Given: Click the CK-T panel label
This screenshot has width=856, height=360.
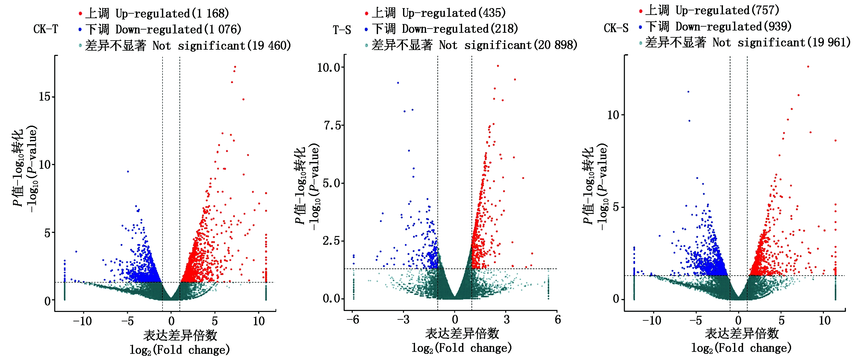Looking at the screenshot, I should pyautogui.click(x=45, y=29).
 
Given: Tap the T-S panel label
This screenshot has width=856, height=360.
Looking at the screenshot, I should pyautogui.click(x=342, y=30).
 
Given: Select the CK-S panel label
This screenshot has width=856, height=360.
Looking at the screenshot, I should pyautogui.click(x=616, y=28).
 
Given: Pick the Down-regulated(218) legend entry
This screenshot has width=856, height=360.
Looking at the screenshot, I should pyautogui.click(x=444, y=29).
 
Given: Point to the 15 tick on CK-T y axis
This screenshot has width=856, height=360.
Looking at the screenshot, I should pyautogui.click(x=44, y=97).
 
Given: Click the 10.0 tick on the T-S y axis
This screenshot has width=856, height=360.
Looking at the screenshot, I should pyautogui.click(x=329, y=68).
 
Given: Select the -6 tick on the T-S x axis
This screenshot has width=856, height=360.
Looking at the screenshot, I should pyautogui.click(x=353, y=319).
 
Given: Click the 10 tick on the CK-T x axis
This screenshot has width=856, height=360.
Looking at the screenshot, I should pyautogui.click(x=259, y=321).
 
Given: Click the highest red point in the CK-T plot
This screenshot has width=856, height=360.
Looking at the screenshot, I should pyautogui.click(x=235, y=67).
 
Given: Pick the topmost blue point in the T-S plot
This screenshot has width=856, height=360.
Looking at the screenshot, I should pyautogui.click(x=398, y=83).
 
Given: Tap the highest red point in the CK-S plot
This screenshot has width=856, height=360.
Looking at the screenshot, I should pyautogui.click(x=808, y=67).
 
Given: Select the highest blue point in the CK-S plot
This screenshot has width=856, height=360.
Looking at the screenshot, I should pyautogui.click(x=688, y=92).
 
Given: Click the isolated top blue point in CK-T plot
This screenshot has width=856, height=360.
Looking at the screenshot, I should pyautogui.click(x=128, y=171).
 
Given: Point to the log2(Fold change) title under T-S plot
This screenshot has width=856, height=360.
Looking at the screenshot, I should pyautogui.click(x=462, y=348).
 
